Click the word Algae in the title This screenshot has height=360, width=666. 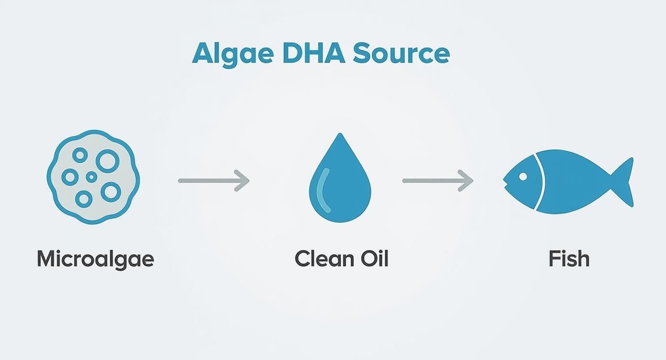pyautogui.click(x=232, y=54)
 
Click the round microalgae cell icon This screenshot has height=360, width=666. pyautogui.click(x=93, y=177)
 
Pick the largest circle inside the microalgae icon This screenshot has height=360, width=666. pyautogui.click(x=107, y=160)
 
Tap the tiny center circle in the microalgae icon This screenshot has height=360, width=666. pyautogui.click(x=91, y=177)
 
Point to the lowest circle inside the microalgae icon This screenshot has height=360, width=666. pyautogui.click(x=84, y=199)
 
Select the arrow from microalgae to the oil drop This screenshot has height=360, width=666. pyautogui.click(x=213, y=180)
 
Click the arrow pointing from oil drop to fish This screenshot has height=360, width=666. pyautogui.click(x=437, y=180)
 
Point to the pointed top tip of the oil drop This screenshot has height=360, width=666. pyautogui.click(x=340, y=135)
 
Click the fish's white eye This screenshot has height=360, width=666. pyautogui.click(x=522, y=177)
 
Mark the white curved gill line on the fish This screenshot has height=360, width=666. pyautogui.click(x=542, y=182)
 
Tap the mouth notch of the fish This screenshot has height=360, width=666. pyautogui.click(x=505, y=180)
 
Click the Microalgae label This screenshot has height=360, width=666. pyautogui.click(x=95, y=259)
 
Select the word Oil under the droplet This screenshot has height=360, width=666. pyautogui.click(x=372, y=259)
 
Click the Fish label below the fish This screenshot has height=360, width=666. pyautogui.click(x=568, y=259)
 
